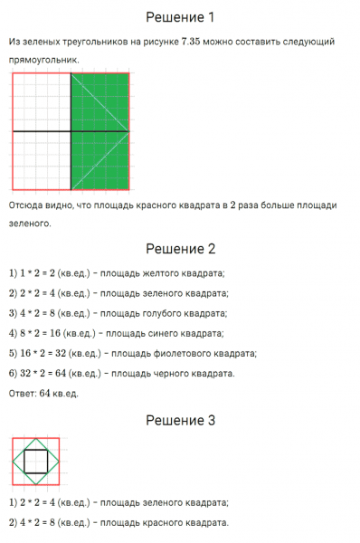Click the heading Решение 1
coord(180,17)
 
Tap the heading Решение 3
coord(180,420)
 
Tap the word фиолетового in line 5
coord(168,353)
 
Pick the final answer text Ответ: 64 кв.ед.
coord(43,393)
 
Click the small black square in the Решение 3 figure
coord(35,462)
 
